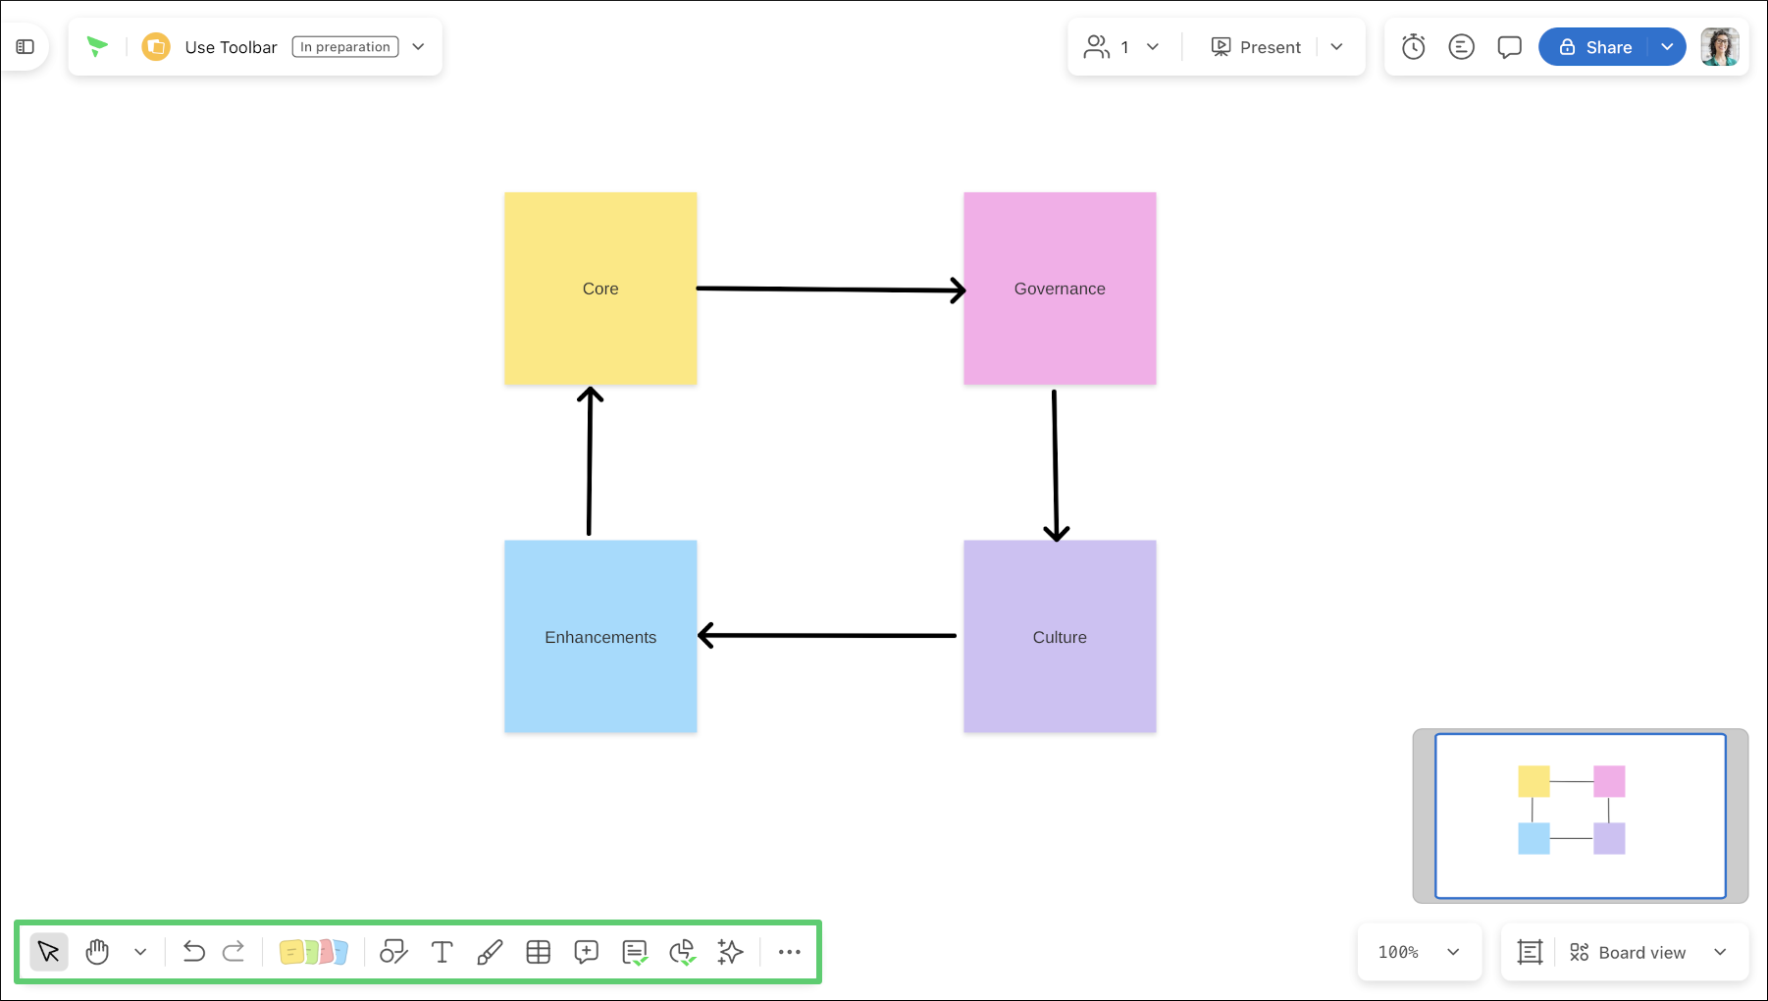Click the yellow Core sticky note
tap(600, 289)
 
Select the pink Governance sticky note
tap(1060, 289)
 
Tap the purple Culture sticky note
tap(1060, 636)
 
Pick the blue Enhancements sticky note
tap(600, 636)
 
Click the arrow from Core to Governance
tap(831, 290)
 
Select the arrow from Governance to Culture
tap(1055, 465)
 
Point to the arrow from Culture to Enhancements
tap(827, 636)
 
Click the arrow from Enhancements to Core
tap(590, 461)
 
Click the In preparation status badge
tap(345, 47)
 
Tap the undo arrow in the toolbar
tap(193, 952)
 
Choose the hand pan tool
tap(97, 952)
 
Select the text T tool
tap(442, 952)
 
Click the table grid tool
tap(539, 952)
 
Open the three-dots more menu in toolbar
tap(790, 952)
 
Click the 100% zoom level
tap(1398, 952)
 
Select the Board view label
tap(1642, 953)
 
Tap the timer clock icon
tap(1414, 47)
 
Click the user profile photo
tap(1720, 47)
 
